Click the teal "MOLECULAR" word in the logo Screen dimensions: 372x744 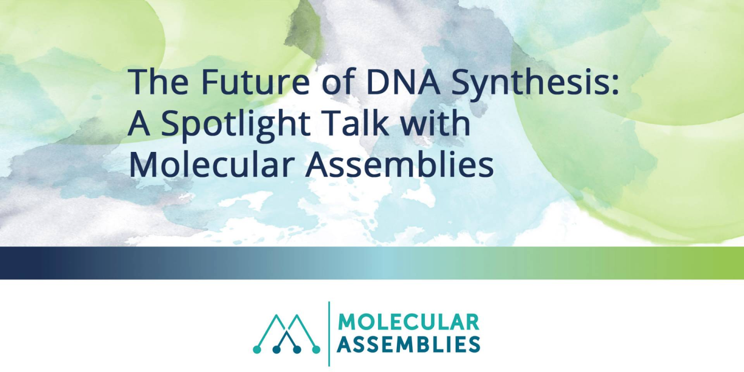(x=408, y=322)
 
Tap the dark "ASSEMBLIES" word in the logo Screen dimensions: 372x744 (x=408, y=344)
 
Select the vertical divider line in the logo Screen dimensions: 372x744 (x=329, y=333)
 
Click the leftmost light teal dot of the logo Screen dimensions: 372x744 (x=257, y=350)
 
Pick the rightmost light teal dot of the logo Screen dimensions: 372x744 (x=316, y=350)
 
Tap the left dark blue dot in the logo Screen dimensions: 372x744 (x=276, y=350)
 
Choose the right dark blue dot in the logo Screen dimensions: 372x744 (x=297, y=350)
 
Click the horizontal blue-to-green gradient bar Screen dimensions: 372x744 (x=372, y=263)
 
